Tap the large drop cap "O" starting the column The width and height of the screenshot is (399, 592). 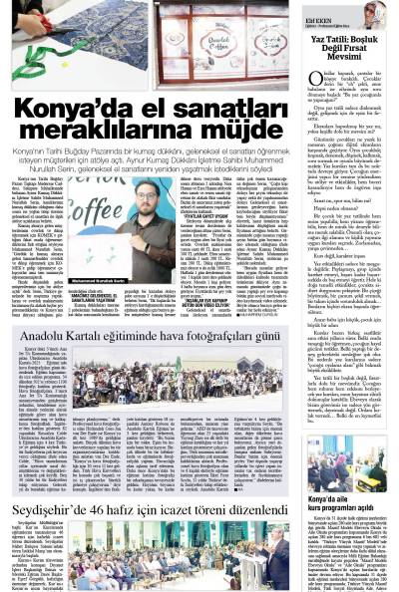coord(311,84)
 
